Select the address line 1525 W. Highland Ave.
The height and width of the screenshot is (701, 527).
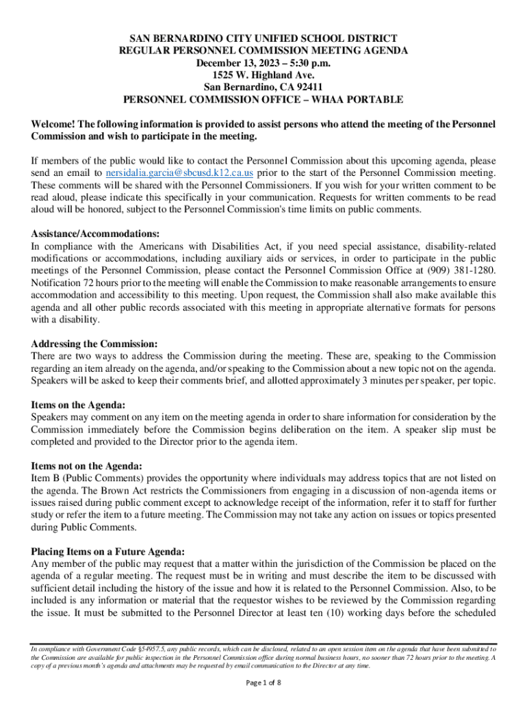[x=263, y=75]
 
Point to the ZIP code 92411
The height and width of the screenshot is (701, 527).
[x=307, y=87]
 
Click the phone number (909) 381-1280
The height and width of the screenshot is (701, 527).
[x=457, y=270]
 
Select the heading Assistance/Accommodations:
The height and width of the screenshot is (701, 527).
[x=95, y=233]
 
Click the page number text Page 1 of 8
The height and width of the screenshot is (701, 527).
[x=263, y=683]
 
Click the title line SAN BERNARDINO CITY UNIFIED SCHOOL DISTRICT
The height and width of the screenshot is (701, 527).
[x=263, y=38]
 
